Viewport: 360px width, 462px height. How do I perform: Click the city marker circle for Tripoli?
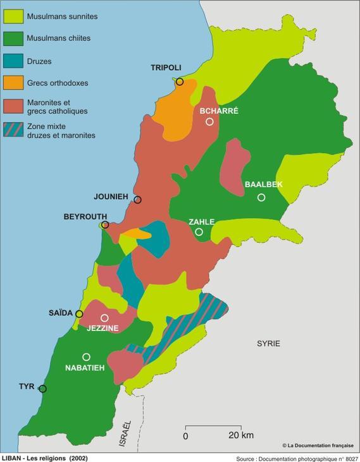pyautogui.click(x=180, y=82)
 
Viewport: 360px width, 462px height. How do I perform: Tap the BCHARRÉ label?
pyautogui.click(x=218, y=111)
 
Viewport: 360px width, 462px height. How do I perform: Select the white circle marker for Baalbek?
pyautogui.click(x=261, y=198)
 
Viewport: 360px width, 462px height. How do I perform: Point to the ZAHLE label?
pyautogui.click(x=201, y=222)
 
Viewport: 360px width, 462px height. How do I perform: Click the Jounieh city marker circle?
pyautogui.click(x=137, y=200)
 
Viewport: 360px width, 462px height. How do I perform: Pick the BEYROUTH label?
pyautogui.click(x=85, y=216)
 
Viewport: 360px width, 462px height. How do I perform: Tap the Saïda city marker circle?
pyautogui.click(x=79, y=313)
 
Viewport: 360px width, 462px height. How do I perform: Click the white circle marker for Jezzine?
pyautogui.click(x=104, y=318)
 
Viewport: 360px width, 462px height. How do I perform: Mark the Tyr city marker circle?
pyautogui.click(x=42, y=389)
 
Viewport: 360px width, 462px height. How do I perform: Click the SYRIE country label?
pyautogui.click(x=268, y=344)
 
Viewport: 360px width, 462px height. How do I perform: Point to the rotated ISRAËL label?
pyautogui.click(x=127, y=434)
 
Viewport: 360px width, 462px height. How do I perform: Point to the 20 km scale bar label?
pyautogui.click(x=240, y=435)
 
